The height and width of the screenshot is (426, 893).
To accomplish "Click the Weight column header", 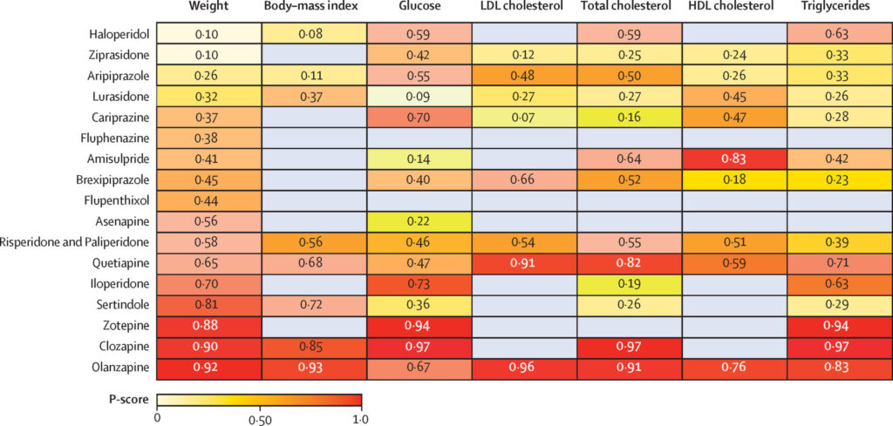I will [208, 8].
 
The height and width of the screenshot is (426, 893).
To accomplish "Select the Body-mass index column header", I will [313, 8].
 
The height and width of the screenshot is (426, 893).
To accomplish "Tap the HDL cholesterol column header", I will [734, 8].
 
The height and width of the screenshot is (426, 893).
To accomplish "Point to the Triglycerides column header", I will [839, 8].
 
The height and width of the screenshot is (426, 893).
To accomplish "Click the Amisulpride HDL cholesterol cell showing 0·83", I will [734, 159].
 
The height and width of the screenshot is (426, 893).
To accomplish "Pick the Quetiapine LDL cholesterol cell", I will [524, 264].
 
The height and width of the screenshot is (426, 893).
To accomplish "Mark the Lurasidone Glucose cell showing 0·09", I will [419, 97].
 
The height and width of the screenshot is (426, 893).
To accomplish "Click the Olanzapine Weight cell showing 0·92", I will [208, 369].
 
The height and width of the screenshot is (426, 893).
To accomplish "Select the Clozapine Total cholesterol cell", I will [629, 348].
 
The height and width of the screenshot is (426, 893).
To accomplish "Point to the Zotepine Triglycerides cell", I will [839, 327].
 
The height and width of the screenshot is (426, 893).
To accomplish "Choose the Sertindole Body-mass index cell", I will [313, 306].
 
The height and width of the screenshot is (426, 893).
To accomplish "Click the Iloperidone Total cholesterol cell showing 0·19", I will [629, 285].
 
